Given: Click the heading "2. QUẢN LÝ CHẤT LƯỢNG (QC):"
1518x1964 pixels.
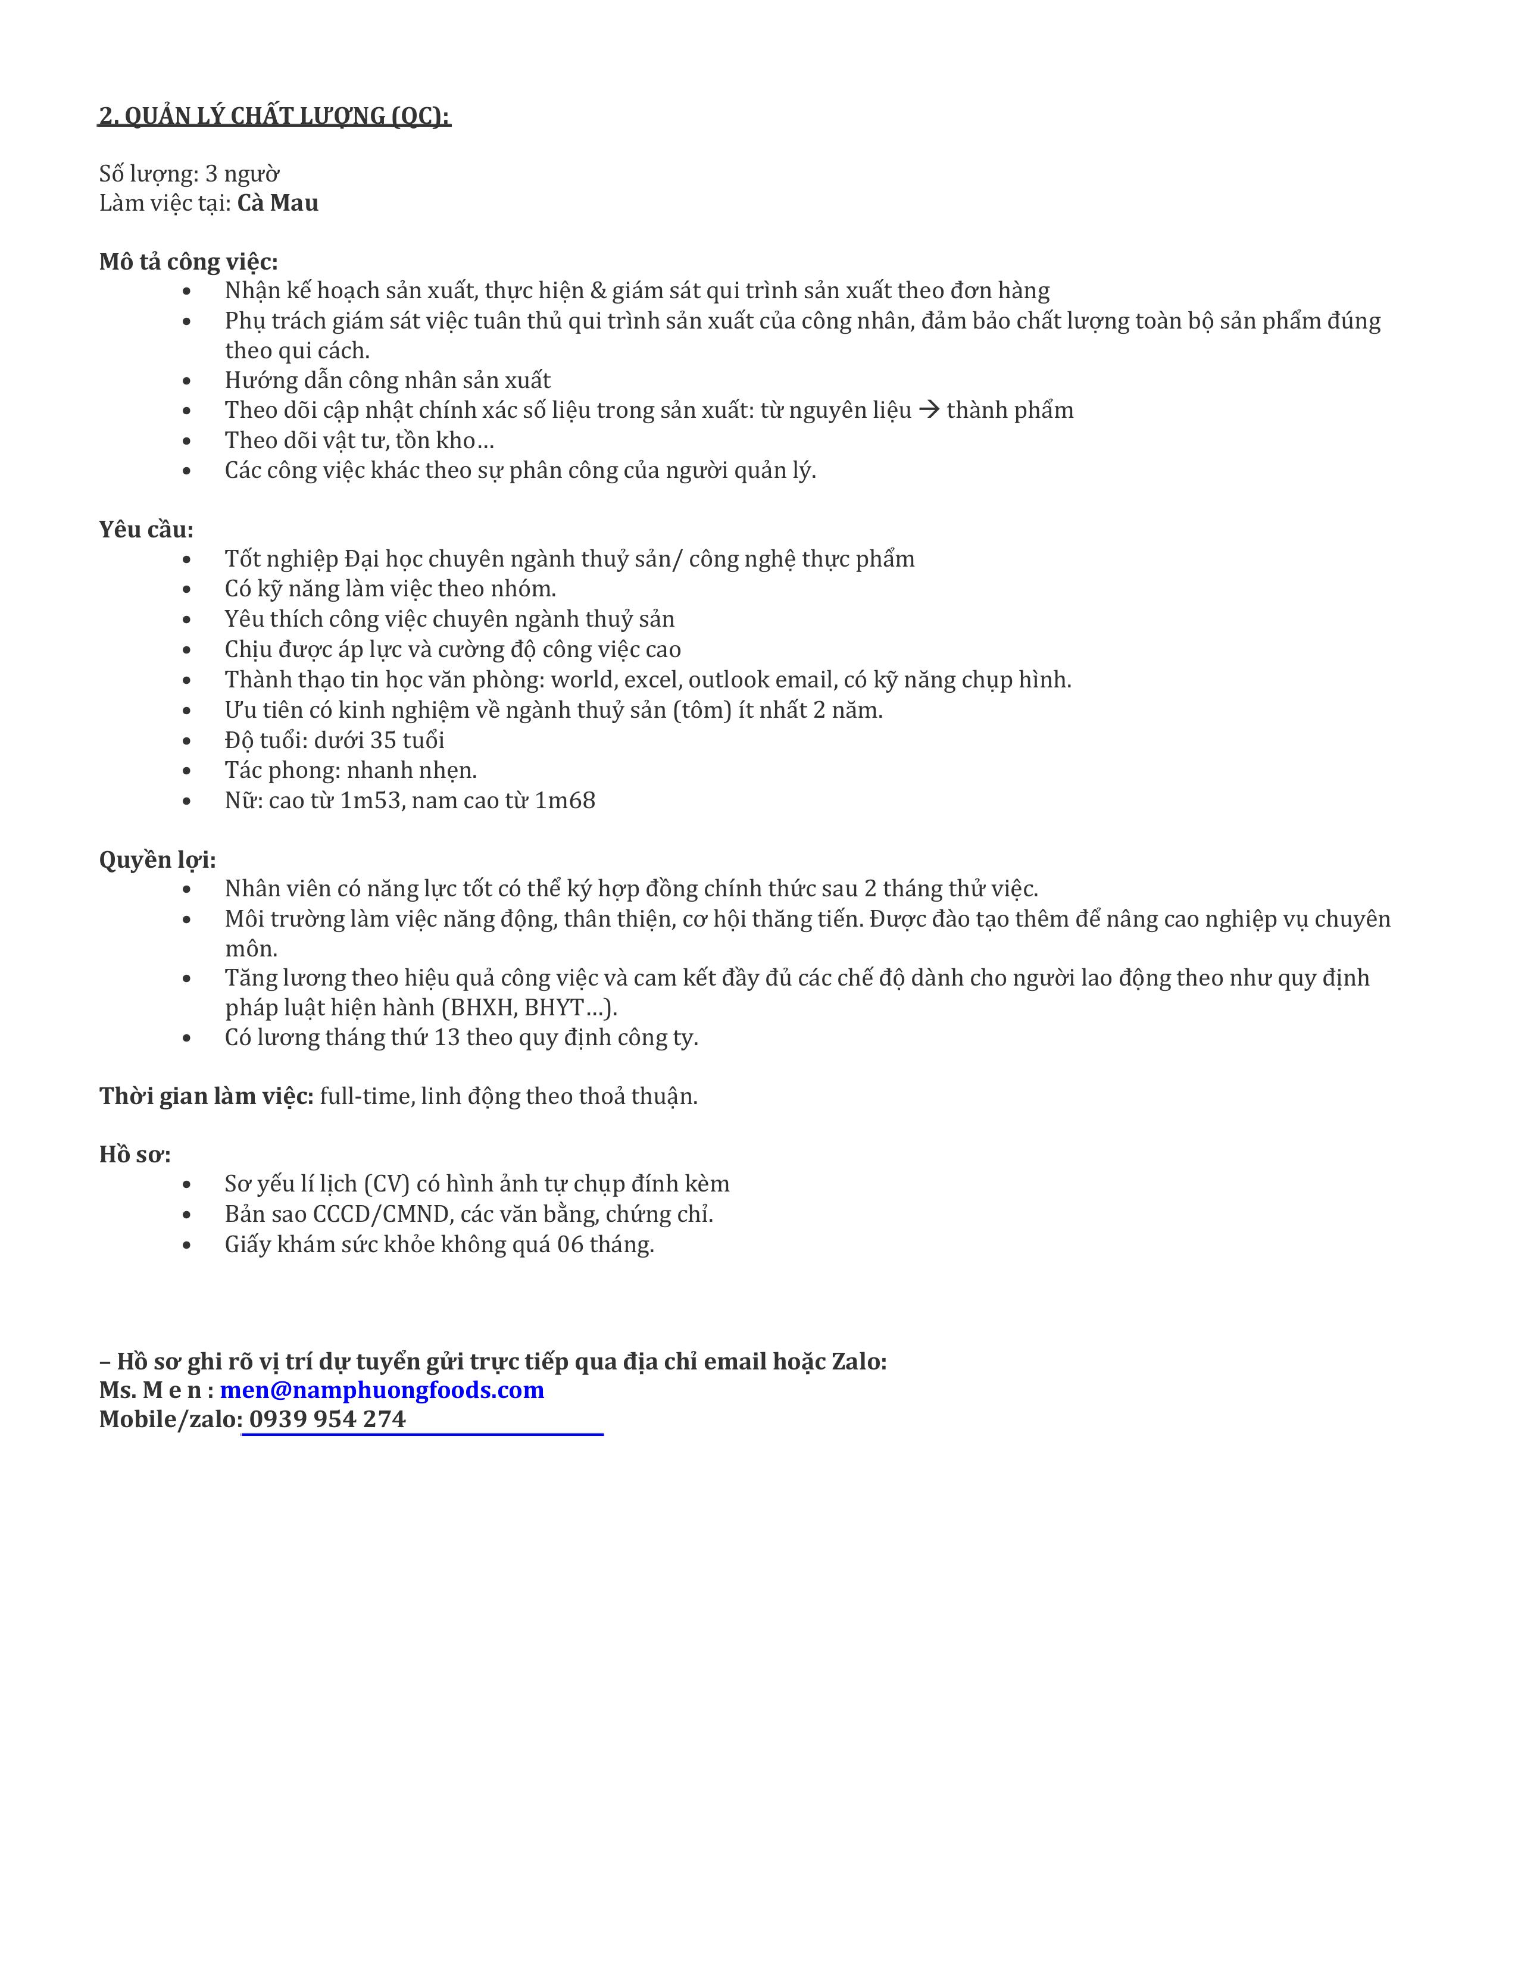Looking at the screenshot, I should pos(274,116).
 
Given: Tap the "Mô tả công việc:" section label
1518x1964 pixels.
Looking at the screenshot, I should pos(189,262).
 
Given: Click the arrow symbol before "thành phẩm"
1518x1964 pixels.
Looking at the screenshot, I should pos(929,410).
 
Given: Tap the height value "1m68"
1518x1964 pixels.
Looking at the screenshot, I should pos(565,800).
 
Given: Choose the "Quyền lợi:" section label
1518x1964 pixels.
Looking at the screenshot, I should pos(157,860).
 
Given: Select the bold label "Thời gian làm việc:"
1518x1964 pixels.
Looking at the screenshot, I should pos(206,1096).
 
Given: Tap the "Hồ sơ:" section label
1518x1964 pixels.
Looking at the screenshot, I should pos(135,1155).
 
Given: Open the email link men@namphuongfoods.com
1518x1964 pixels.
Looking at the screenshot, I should pos(382,1390).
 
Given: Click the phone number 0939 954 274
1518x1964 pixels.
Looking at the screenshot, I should pos(327,1419).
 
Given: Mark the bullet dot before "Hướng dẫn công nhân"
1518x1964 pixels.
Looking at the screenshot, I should pos(187,381).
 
